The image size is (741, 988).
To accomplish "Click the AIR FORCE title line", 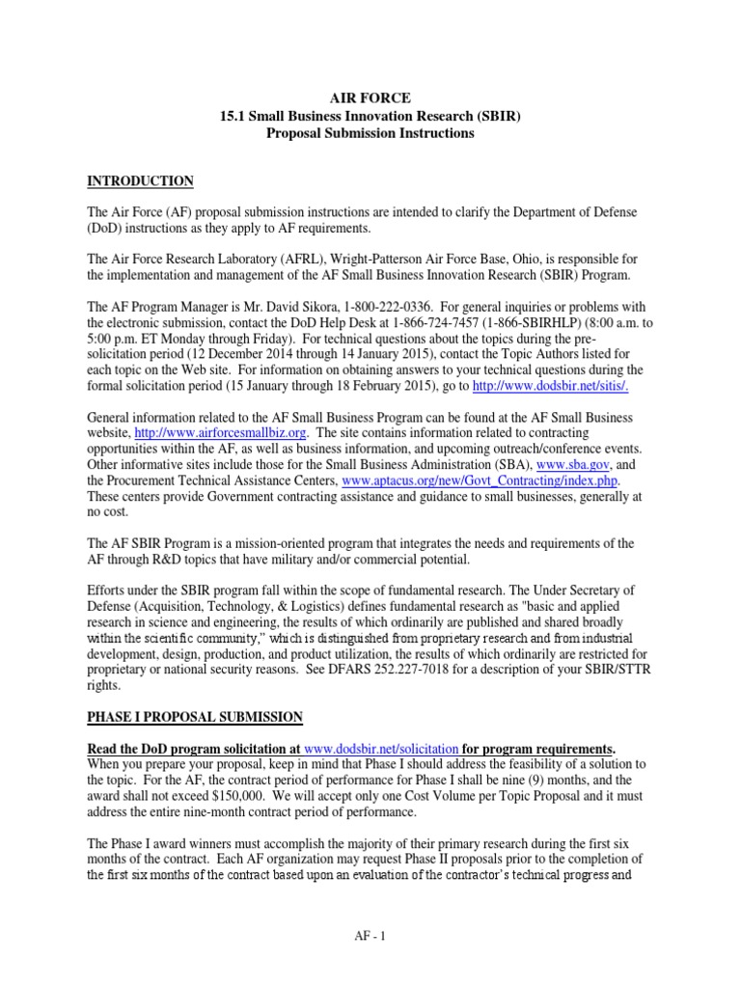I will point(370,98).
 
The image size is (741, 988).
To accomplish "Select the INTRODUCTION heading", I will point(141,181).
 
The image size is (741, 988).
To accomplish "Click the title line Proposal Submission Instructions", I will point(370,133).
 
